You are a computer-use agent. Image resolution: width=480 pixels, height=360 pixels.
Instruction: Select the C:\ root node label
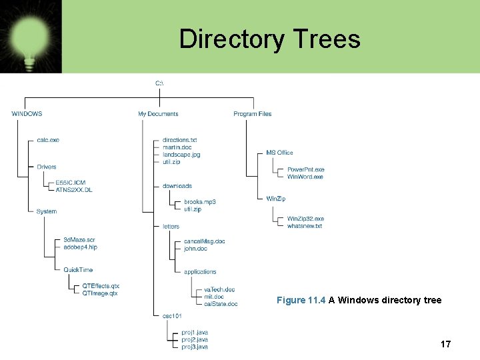159,83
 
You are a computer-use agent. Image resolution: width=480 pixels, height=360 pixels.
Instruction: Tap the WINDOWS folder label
27,114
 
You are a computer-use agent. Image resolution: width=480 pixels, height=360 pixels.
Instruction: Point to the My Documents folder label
158,114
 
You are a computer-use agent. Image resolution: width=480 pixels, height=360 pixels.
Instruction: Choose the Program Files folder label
253,114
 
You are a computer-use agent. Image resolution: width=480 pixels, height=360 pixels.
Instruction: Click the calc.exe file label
48,140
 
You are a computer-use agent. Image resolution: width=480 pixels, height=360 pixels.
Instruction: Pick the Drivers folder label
47,167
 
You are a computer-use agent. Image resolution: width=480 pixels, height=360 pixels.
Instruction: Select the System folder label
47,211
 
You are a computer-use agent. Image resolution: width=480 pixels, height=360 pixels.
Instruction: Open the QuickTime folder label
78,270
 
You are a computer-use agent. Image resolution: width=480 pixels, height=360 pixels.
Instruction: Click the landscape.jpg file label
181,155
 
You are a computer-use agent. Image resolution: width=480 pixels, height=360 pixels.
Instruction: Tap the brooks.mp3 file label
200,202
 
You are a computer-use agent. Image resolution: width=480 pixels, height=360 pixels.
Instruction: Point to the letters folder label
171,227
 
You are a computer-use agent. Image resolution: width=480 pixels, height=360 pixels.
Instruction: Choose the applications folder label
200,272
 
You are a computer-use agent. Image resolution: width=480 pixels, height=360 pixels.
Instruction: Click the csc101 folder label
173,315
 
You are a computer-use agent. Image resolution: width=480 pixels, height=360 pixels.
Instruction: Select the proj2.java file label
195,339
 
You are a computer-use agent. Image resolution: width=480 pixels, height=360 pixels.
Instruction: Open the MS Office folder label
279,153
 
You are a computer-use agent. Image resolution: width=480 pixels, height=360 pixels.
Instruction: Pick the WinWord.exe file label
305,177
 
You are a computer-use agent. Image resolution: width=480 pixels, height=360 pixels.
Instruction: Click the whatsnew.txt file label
305,226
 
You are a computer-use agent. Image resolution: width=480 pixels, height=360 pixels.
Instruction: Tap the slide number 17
445,344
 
